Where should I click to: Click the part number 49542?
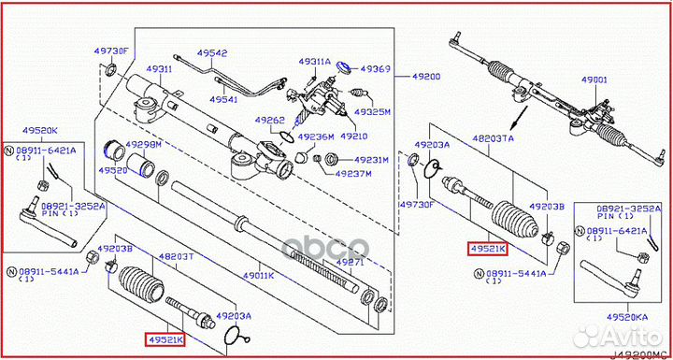(212, 53)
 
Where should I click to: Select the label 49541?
(225, 99)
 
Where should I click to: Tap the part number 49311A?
(315, 62)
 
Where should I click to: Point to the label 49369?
(376, 69)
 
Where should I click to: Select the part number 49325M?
(373, 111)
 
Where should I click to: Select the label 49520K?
(40, 131)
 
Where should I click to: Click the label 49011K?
(258, 276)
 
